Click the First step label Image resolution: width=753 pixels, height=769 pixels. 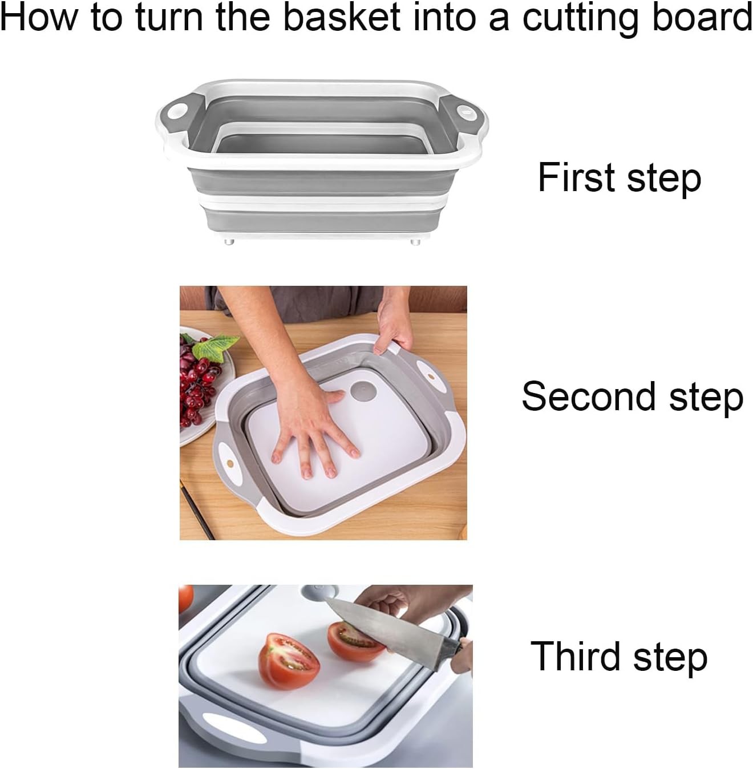(x=619, y=178)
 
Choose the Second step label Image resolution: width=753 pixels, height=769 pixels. (x=632, y=397)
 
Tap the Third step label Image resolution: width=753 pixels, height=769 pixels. (x=619, y=657)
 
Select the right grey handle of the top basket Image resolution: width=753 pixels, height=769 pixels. (x=469, y=110)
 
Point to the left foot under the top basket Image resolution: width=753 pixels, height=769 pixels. (x=229, y=241)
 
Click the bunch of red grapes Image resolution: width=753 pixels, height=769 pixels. (x=197, y=379)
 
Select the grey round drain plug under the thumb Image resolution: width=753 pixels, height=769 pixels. (x=361, y=391)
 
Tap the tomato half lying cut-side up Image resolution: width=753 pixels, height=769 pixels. (x=289, y=662)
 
